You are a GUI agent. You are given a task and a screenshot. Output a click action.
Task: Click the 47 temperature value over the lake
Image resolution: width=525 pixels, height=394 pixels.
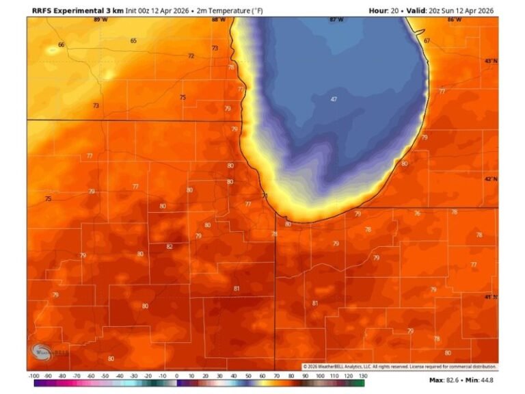[334, 99]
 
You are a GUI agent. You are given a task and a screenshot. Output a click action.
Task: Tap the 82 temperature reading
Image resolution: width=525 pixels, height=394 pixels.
[170, 247]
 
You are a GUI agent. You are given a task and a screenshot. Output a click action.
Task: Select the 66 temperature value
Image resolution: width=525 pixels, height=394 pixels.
[61, 44]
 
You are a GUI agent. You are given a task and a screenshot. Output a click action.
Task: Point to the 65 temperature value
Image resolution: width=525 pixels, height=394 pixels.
[133, 41]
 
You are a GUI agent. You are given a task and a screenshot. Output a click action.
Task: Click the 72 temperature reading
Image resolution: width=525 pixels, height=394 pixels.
[191, 56]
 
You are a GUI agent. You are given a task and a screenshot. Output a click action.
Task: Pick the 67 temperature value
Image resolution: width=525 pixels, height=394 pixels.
[427, 41]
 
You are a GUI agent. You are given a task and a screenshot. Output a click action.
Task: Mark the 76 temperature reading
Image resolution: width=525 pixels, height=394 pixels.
[417, 213]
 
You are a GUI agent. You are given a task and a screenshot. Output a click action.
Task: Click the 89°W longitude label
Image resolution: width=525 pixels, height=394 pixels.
[100, 20]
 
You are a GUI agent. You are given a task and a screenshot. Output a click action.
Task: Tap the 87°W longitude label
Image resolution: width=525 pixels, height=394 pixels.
[336, 20]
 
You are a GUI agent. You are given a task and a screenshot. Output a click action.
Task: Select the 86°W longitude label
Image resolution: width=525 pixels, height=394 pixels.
[453, 20]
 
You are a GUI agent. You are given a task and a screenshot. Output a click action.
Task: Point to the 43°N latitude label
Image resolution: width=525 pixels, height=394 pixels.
[491, 62]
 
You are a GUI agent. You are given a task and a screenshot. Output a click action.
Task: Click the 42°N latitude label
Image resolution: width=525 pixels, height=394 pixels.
[491, 179]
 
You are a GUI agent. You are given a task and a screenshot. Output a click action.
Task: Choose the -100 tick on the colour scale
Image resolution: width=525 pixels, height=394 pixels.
[33, 376]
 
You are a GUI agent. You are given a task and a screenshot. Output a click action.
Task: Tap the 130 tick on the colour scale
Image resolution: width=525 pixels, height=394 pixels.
[363, 376]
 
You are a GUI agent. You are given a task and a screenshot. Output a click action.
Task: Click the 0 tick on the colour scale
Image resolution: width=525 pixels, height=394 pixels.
[176, 376]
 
